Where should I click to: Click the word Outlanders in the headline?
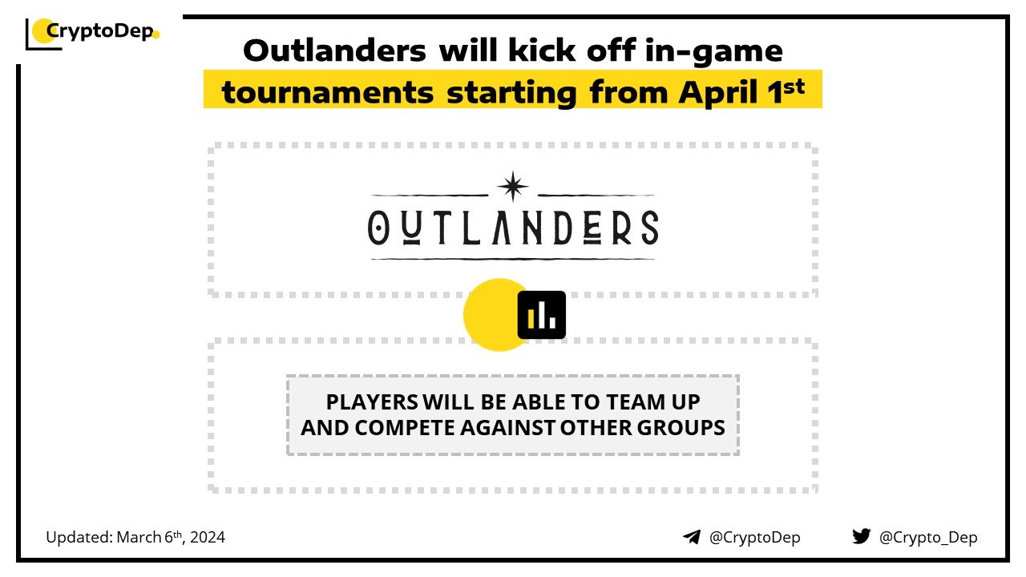click(334, 50)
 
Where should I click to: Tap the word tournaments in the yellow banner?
click(328, 92)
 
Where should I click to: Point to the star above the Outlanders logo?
click(513, 187)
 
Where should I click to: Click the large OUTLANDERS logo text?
click(513, 228)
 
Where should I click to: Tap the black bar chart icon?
click(541, 315)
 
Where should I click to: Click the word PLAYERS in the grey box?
click(372, 402)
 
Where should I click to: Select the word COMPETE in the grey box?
click(405, 428)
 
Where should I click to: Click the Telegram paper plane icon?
click(692, 537)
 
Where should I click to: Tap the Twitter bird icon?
click(862, 536)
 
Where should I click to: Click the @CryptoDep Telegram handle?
click(754, 537)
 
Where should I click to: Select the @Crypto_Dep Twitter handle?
click(928, 538)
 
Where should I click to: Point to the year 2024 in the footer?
click(208, 537)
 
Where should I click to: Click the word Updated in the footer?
click(79, 537)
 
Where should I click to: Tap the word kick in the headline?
click(541, 50)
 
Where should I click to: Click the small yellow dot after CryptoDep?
click(156, 34)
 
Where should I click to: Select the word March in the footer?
click(139, 537)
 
